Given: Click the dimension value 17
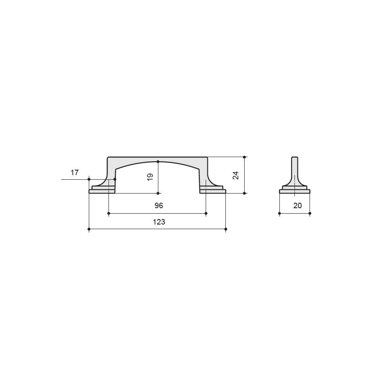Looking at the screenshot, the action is (x=75, y=173).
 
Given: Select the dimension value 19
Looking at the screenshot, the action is (x=150, y=177).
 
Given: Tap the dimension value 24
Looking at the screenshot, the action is (x=236, y=175).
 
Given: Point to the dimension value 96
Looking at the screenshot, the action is (x=159, y=206).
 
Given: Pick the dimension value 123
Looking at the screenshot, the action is (x=159, y=222).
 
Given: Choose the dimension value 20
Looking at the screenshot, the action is (x=297, y=206).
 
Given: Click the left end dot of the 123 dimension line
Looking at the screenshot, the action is (x=89, y=229).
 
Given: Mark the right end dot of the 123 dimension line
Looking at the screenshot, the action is (x=225, y=229).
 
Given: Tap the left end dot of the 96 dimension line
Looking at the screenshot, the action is (x=108, y=213).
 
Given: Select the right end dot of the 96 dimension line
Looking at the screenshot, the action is (x=206, y=213).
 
